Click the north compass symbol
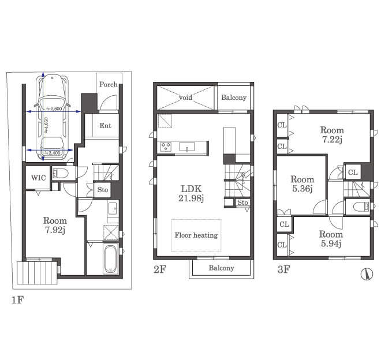[x=367, y=274]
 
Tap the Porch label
[x=109, y=85]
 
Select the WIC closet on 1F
[x=38, y=178]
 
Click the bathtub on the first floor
[x=111, y=259]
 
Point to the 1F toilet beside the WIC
[x=61, y=174]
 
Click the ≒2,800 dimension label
[x=54, y=108]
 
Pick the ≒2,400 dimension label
[x=52, y=153]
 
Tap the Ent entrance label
[x=106, y=126]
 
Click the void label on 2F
[x=185, y=97]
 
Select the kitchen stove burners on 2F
[x=166, y=147]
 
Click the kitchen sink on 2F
[x=187, y=147]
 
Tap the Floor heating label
[x=196, y=235]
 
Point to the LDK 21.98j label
[x=191, y=193]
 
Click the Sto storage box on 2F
[x=242, y=202]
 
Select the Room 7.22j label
[x=332, y=135]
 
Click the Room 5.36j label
[x=302, y=184]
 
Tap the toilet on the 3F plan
[x=361, y=207]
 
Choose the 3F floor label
[x=284, y=269]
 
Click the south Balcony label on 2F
[x=221, y=268]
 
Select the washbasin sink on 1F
[x=113, y=208]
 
